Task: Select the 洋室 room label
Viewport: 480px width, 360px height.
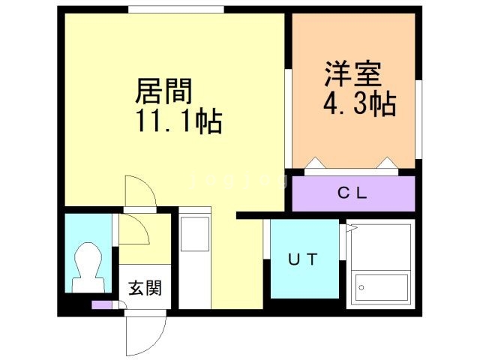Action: pos(353,75)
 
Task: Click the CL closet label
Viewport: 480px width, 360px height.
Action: pos(352,194)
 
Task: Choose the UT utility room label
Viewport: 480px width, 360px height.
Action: pos(303,259)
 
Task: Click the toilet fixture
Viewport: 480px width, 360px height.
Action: pos(87,267)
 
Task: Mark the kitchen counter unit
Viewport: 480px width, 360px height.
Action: pos(196,262)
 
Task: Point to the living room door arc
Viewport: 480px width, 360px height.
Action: pos(140,192)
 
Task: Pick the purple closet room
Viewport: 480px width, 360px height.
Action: pos(352,193)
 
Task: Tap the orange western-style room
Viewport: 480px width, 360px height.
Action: pos(352,90)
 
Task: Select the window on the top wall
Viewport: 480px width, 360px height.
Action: pos(175,9)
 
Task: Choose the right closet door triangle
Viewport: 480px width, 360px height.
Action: pos(387,163)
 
